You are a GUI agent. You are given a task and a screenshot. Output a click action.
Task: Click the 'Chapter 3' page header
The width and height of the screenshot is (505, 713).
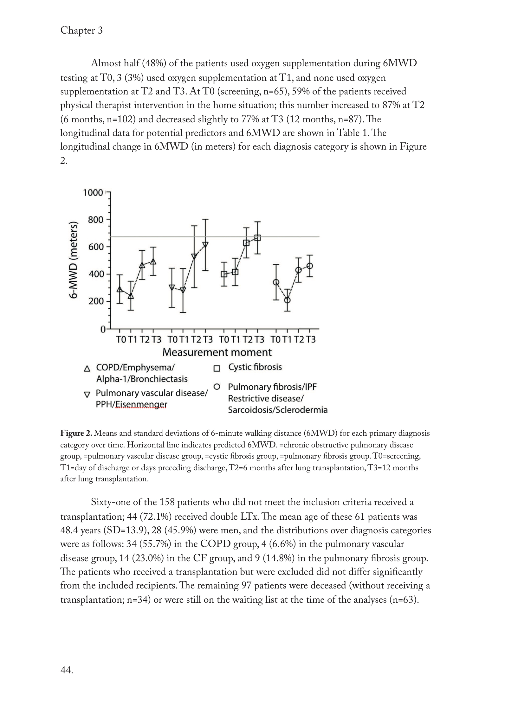81,31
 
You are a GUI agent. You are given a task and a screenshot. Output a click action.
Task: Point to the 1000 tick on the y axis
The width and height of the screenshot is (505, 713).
93,193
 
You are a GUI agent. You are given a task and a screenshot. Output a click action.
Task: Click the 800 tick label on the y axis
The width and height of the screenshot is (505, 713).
96,220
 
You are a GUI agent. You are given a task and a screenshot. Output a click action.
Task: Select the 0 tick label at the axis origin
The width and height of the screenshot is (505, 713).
103,330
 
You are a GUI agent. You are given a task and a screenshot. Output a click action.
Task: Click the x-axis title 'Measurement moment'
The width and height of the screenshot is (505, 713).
217,352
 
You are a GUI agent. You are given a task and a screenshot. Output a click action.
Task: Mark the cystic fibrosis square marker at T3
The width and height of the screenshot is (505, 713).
258,238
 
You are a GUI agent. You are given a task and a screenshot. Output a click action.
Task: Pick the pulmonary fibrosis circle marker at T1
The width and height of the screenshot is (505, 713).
287,300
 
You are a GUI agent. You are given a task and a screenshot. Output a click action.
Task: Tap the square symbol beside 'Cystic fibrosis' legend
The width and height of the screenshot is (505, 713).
217,369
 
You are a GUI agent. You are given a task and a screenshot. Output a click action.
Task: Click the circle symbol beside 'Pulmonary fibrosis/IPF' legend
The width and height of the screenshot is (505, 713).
217,387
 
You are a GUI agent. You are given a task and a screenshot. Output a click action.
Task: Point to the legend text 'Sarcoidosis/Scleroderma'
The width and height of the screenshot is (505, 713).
278,410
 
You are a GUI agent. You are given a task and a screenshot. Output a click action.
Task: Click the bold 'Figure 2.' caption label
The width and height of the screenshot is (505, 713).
76,433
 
